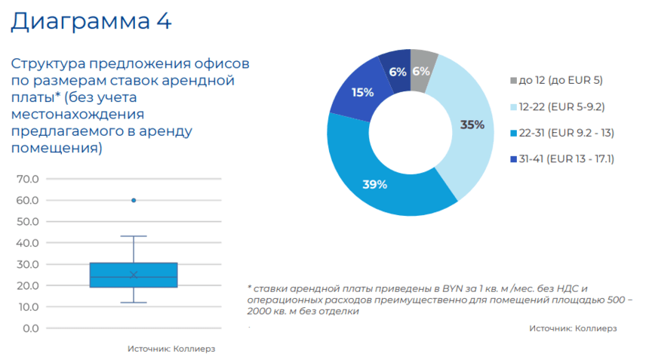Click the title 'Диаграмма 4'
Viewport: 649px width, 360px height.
click(91, 20)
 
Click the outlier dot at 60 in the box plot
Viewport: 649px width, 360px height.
click(134, 200)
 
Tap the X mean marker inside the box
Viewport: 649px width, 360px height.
click(134, 275)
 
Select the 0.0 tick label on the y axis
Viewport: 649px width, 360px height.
click(31, 328)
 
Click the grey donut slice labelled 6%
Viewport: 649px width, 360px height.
click(421, 71)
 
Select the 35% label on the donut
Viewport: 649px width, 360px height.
click(472, 125)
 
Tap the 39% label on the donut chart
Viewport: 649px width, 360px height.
click(375, 184)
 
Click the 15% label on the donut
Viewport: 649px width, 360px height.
click(362, 93)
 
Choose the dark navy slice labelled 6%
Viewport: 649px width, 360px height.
click(398, 71)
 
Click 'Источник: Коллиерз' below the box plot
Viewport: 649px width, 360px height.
click(177, 349)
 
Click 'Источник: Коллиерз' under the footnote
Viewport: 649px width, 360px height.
click(574, 328)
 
